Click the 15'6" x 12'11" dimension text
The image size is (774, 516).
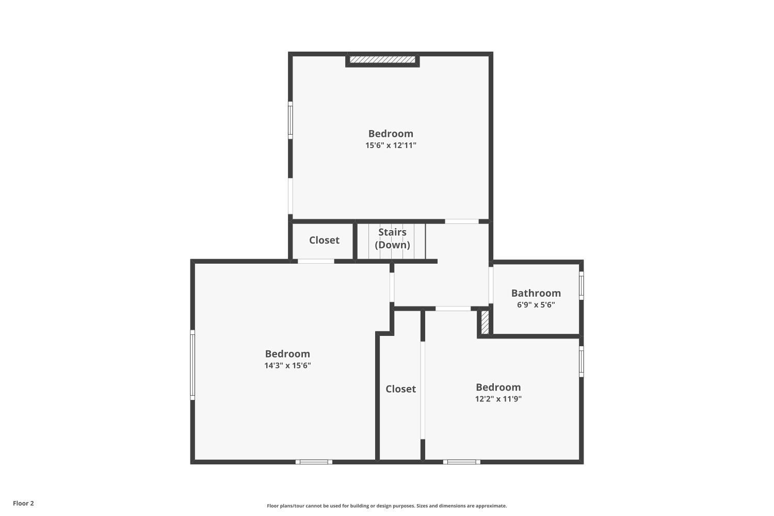[391, 146]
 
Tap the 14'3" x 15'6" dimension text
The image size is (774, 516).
[287, 366]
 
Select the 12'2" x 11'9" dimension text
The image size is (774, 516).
[498, 399]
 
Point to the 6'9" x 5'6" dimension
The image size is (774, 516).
[536, 305]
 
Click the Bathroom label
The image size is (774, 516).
[536, 293]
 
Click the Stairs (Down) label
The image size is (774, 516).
[392, 238]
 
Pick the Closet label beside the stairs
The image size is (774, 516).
[324, 240]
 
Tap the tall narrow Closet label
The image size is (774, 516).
[400, 389]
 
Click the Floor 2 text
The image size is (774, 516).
[23, 504]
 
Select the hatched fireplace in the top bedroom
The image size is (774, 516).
[382, 60]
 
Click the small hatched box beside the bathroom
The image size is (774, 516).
[485, 322]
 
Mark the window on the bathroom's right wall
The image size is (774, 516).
[581, 285]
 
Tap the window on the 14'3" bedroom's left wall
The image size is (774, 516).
[192, 365]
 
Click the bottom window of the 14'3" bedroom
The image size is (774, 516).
[314, 462]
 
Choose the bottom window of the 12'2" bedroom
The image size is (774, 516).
[461, 462]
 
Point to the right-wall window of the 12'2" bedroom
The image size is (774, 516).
[581, 361]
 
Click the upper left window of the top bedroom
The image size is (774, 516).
[291, 120]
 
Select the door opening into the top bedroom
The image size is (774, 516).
[462, 221]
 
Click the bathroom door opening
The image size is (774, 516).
[491, 285]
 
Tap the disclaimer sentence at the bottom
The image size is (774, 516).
[386, 506]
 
